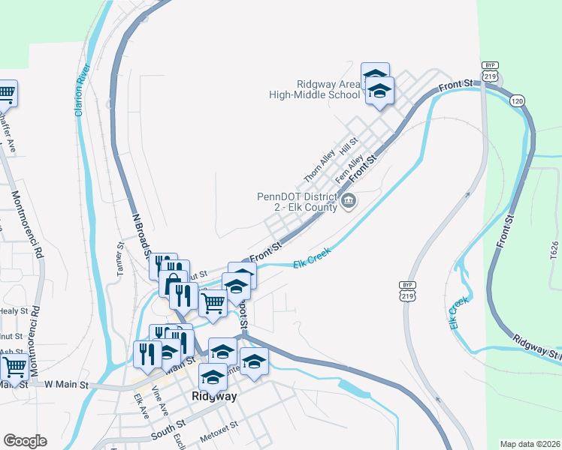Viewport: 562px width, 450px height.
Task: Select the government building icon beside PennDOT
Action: [x=349, y=201]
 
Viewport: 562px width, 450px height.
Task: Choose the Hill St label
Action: [x=349, y=145]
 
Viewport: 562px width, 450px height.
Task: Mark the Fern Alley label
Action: [x=351, y=169]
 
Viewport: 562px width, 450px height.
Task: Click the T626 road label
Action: [x=554, y=250]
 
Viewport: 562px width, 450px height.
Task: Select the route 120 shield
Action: [x=516, y=100]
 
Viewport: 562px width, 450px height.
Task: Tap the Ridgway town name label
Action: [x=215, y=396]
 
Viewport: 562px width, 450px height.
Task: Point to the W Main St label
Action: [x=66, y=385]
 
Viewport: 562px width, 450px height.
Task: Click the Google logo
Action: [x=25, y=441]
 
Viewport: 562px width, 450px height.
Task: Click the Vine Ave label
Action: [x=160, y=396]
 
